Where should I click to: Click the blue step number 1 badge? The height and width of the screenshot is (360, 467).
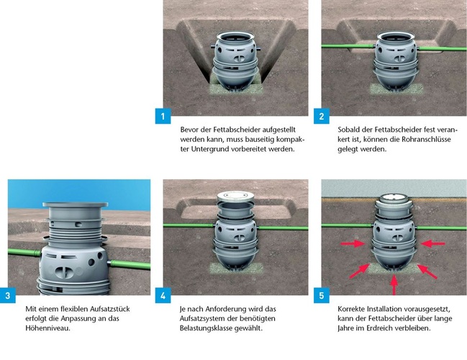point(163,116)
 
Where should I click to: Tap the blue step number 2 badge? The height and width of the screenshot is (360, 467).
point(322,116)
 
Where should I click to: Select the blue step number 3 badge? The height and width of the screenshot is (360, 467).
point(8,295)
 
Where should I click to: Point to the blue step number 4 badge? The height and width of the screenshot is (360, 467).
point(163,295)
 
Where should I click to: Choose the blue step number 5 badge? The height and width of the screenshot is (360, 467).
point(322,295)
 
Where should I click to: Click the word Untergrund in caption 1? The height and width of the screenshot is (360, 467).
point(210,149)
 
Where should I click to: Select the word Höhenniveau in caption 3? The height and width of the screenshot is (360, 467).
point(47,328)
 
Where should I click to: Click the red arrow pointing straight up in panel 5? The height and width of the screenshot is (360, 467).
point(394,285)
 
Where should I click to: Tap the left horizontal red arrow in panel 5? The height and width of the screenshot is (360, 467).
point(353,244)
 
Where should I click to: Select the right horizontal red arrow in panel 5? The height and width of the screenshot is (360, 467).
point(432,244)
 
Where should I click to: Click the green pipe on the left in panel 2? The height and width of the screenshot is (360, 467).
point(348,46)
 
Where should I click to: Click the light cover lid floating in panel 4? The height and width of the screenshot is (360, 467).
point(235,197)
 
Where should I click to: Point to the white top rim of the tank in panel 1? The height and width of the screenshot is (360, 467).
point(235,37)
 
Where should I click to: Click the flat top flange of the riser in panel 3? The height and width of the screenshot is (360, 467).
point(75,204)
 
